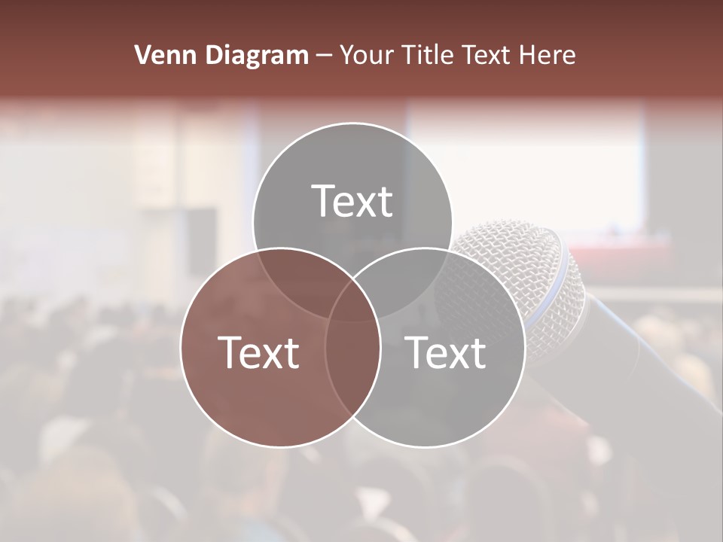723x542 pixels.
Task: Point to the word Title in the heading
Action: click(x=429, y=55)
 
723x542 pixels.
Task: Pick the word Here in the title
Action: click(x=551, y=55)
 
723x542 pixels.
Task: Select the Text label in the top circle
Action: click(x=352, y=201)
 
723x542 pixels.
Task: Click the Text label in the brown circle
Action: click(x=258, y=352)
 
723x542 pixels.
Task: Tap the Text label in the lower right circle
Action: click(x=446, y=352)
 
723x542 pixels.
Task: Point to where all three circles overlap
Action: click(x=352, y=301)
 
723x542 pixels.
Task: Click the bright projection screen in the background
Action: click(x=527, y=162)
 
